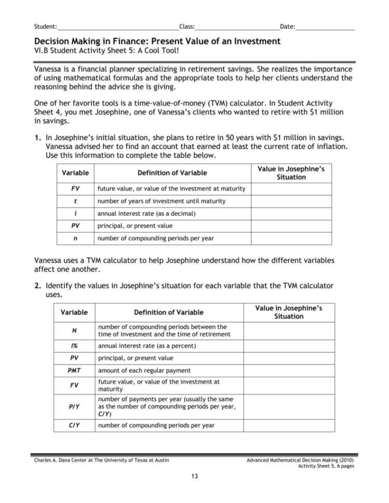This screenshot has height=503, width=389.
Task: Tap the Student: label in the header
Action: (45, 26)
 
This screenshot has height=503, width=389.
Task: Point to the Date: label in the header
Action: (287, 26)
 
